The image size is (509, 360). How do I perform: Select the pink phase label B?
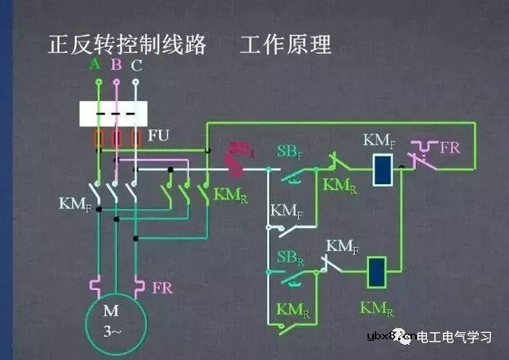coord(116,64)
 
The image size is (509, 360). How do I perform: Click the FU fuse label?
coord(158,135)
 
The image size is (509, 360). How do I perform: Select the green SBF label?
coord(289,151)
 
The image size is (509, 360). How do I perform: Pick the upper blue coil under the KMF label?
coord(382,169)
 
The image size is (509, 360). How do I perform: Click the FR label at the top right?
coord(450,148)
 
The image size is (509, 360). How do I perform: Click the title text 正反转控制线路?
coord(127,44)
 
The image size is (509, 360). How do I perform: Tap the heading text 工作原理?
coord(286,44)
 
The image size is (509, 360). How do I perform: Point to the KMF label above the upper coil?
coord(379,141)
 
